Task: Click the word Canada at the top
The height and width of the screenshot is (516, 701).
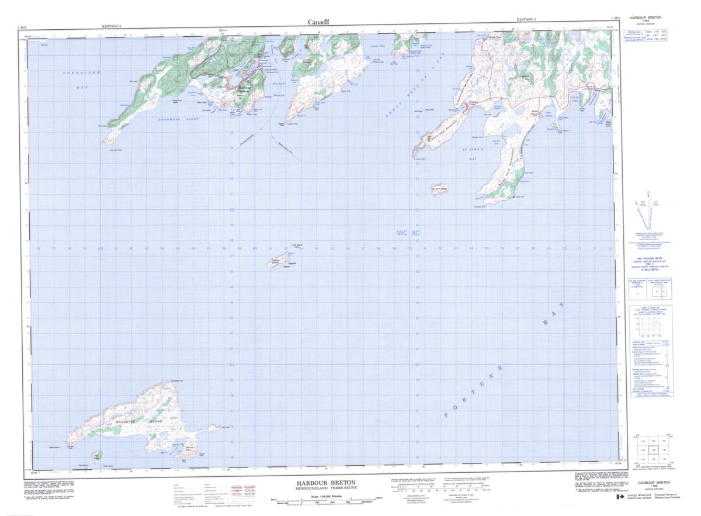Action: click(x=318, y=22)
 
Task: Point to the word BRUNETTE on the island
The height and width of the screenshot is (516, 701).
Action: click(x=125, y=421)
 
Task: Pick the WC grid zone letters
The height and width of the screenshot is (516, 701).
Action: click(x=402, y=233)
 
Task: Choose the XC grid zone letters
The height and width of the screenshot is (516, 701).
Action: click(x=415, y=233)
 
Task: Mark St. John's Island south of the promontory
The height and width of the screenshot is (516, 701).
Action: click(x=439, y=189)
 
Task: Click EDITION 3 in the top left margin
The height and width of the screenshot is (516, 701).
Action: click(x=112, y=26)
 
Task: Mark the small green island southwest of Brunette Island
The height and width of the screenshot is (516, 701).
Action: click(x=97, y=455)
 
